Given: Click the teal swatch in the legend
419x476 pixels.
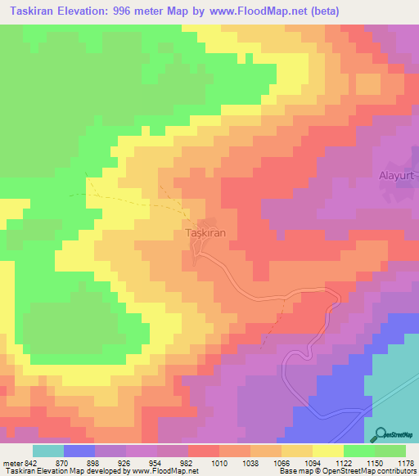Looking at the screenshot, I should [48, 451].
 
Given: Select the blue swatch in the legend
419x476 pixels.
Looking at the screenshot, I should [79, 451].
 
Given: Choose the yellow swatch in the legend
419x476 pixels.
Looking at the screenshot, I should [328, 451].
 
